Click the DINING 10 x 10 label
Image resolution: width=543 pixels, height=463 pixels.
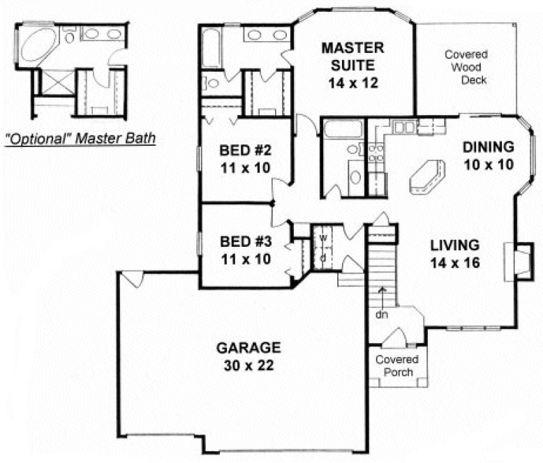click(x=489, y=155)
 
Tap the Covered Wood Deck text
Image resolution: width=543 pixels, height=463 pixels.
click(x=466, y=67)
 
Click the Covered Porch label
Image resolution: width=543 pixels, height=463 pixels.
click(x=396, y=366)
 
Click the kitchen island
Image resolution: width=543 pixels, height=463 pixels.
click(x=424, y=176)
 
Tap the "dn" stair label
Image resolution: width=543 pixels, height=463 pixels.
click(x=380, y=314)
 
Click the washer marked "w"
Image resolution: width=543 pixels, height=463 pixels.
click(x=323, y=238)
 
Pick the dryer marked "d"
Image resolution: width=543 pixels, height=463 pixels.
click(x=323, y=257)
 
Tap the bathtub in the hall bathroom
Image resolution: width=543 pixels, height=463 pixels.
click(x=342, y=130)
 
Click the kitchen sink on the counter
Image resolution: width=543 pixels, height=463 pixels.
click(x=404, y=127)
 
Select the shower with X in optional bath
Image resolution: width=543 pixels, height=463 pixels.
click(x=52, y=83)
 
